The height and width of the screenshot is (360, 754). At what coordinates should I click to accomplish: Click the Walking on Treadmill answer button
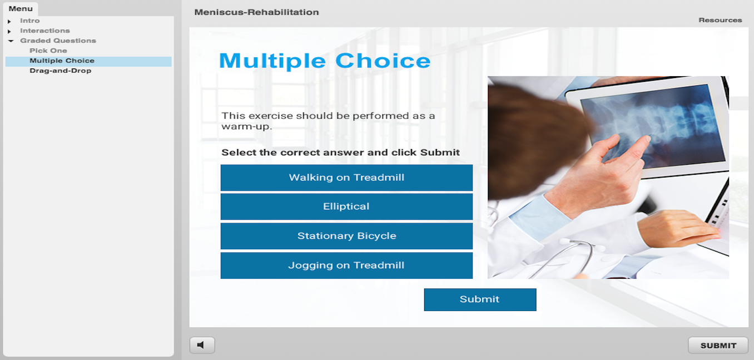pos(346,177)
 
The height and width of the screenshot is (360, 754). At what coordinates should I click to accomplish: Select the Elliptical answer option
pos(346,206)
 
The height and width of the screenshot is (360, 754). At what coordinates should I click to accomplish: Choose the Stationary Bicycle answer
pos(346,236)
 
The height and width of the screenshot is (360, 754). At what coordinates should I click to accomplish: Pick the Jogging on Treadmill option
pos(346,265)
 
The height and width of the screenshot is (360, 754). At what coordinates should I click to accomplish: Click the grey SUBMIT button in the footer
pos(718,346)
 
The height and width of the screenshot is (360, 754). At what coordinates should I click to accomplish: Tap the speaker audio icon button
pos(202,345)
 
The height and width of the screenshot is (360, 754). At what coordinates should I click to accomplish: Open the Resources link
pos(720,20)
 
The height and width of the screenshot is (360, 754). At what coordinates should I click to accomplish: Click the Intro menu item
pos(29,21)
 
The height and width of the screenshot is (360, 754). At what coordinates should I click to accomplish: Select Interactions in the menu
pos(45,31)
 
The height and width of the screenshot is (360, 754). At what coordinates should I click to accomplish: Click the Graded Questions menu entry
pos(58,41)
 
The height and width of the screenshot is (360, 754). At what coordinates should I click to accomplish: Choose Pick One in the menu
pos(48,51)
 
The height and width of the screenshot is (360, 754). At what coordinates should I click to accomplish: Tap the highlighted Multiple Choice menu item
pos(62,61)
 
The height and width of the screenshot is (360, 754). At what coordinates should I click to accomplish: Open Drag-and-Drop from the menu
pos(60,71)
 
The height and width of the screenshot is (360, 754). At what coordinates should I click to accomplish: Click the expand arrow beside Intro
pos(9,21)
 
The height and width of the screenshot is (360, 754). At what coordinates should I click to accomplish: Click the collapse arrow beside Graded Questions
pos(11,41)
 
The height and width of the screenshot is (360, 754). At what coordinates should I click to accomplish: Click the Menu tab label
pos(21,9)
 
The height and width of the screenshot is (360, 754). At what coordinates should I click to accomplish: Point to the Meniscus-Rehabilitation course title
pos(256,12)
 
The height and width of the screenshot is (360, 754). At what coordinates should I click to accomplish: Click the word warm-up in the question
pos(246,127)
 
